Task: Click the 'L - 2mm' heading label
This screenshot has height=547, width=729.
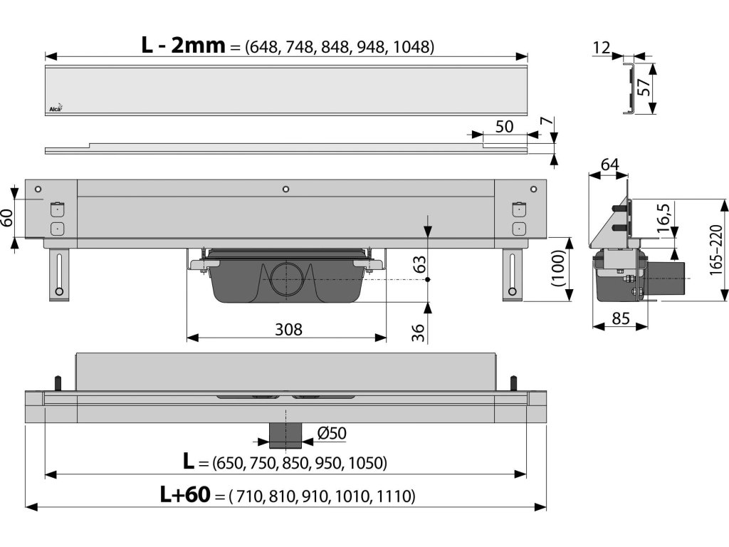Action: pyautogui.click(x=183, y=46)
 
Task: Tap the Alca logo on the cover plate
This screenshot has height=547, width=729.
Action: pyautogui.click(x=56, y=108)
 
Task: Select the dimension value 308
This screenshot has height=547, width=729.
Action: pyautogui.click(x=288, y=329)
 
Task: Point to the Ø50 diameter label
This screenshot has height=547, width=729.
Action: pyautogui.click(x=332, y=433)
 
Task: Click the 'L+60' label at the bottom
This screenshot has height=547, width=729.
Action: pyautogui.click(x=185, y=494)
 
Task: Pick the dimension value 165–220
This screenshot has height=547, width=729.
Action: pyautogui.click(x=716, y=250)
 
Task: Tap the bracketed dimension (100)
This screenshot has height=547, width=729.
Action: pyautogui.click(x=557, y=269)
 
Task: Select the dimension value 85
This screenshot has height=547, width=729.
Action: pyautogui.click(x=621, y=318)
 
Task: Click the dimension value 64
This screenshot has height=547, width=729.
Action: pyautogui.click(x=609, y=165)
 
